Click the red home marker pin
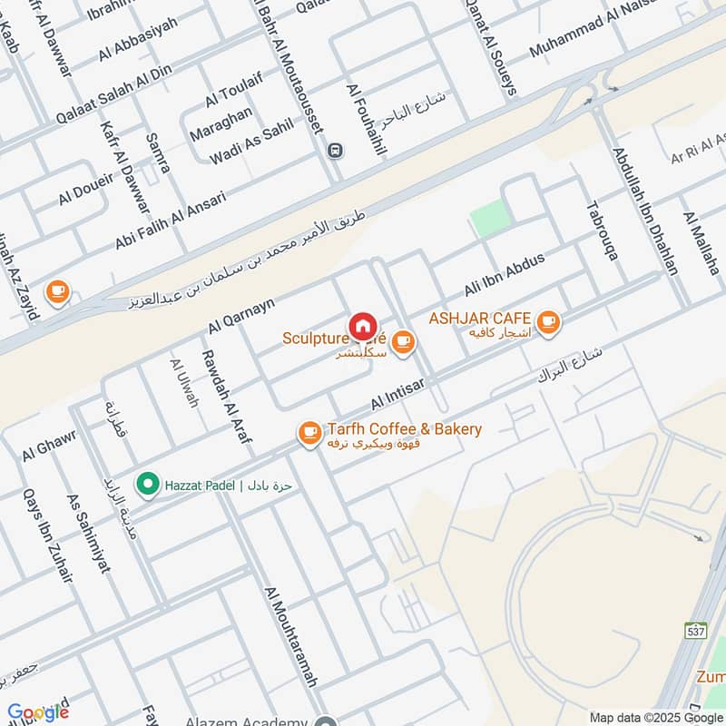pyautogui.click(x=362, y=325)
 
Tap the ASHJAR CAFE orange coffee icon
pyautogui.click(x=547, y=321)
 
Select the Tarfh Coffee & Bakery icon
pyautogui.click(x=309, y=435)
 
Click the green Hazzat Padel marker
pyautogui.click(x=145, y=485)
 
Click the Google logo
pyautogui.click(x=38, y=711)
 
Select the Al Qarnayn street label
pyautogui.click(x=240, y=312)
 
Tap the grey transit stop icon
pyautogui.click(x=336, y=150)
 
